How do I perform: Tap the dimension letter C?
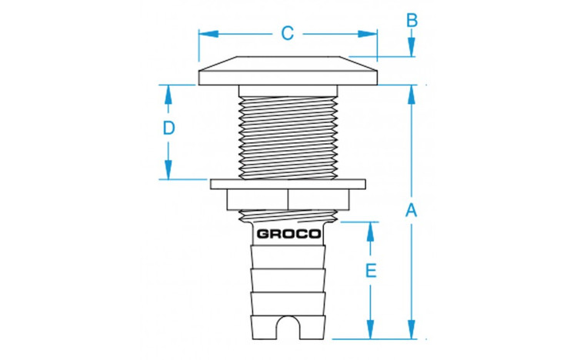(x=287, y=33)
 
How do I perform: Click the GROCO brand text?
(x=288, y=234)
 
